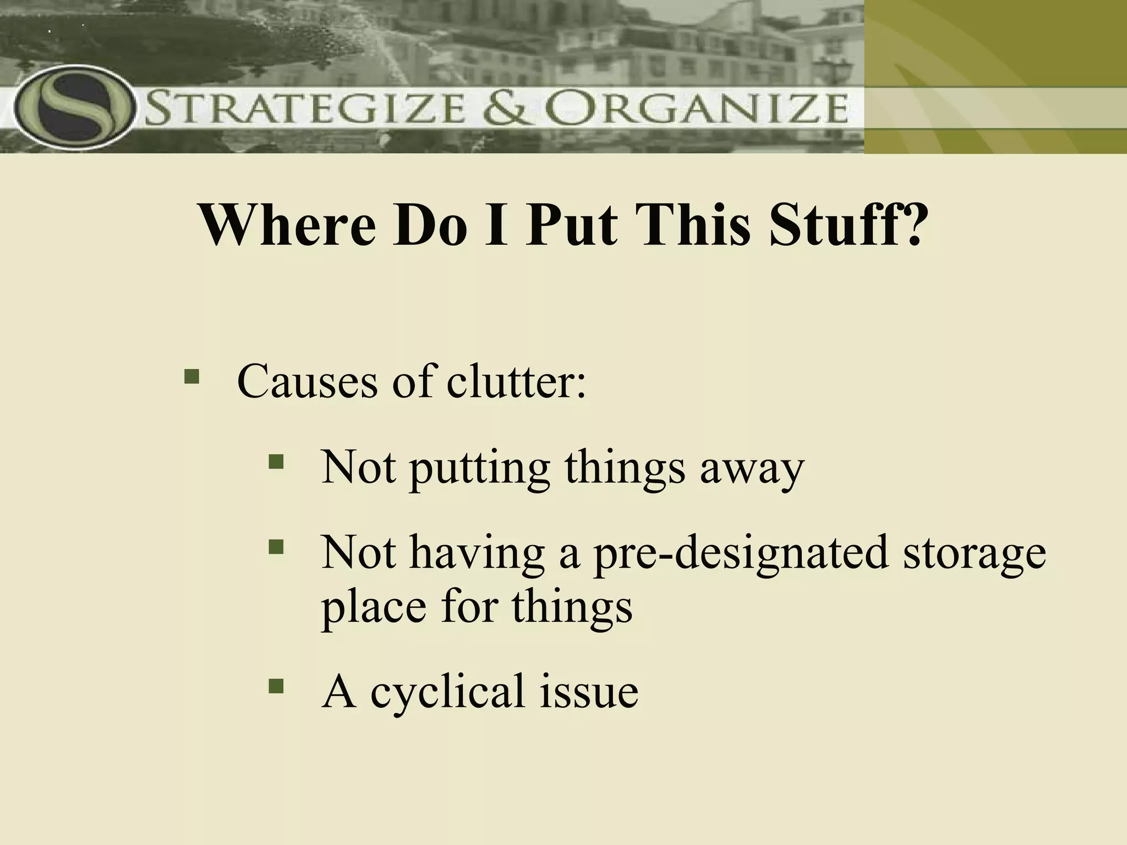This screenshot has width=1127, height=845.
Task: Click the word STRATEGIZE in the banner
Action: [305, 109]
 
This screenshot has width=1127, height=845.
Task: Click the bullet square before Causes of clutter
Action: [192, 377]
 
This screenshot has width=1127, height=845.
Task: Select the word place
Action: [374, 608]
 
